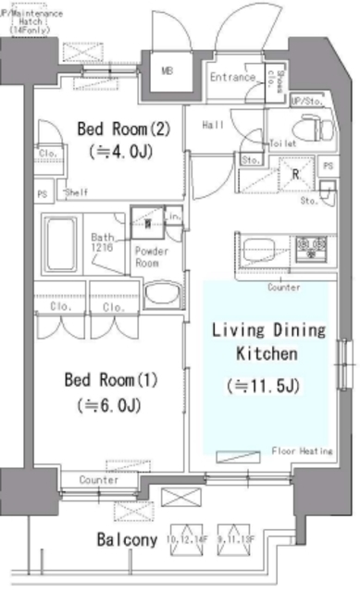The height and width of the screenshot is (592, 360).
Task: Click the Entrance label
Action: (231, 78)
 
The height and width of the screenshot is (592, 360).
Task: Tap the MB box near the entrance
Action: (168, 71)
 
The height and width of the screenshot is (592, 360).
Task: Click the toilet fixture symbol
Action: (306, 128)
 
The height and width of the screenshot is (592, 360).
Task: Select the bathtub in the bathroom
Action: (63, 244)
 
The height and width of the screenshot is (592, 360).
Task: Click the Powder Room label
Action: (149, 256)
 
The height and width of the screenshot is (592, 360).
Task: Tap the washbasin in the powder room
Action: (165, 296)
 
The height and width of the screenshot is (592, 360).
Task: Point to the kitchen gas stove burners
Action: (312, 247)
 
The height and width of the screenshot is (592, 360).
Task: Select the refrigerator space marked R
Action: (294, 172)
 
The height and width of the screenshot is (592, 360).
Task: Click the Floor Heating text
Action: (302, 450)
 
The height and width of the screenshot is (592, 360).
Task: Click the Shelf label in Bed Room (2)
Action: (74, 193)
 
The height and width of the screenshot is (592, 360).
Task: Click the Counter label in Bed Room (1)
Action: (98, 480)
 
